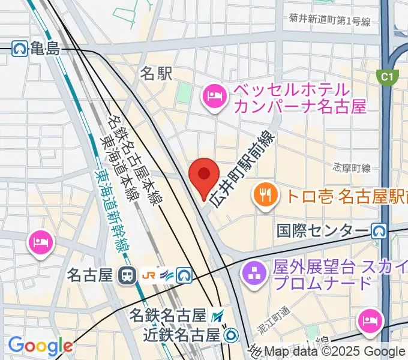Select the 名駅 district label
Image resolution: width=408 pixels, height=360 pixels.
click(x=156, y=74)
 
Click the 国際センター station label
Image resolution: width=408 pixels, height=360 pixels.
click(x=322, y=230)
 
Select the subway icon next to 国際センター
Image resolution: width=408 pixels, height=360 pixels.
click(x=379, y=230)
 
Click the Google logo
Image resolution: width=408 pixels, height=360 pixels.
click(x=40, y=346)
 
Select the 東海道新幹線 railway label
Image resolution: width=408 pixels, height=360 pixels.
click(x=113, y=210)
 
